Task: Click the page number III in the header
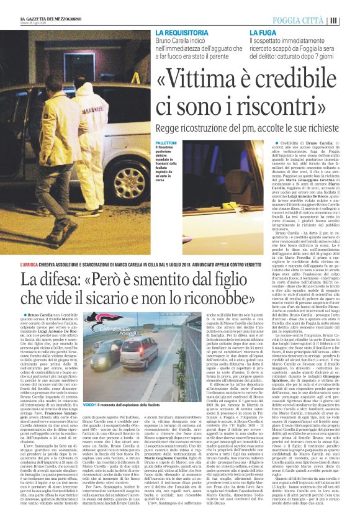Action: [x=351, y=19]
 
